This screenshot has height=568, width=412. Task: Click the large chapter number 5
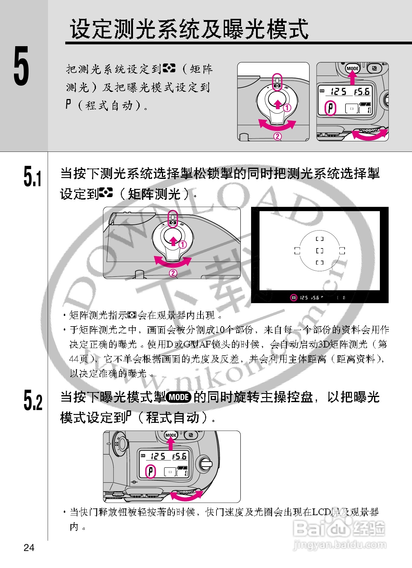coord(21,66)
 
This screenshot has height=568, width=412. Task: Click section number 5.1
coord(32,176)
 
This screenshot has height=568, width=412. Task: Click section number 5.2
coord(33,400)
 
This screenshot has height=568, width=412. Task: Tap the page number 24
coord(29,547)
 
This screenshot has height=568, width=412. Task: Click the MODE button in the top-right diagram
coord(352,69)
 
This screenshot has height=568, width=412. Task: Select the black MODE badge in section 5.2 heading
coord(179,397)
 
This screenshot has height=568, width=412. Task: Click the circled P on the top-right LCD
coord(330,108)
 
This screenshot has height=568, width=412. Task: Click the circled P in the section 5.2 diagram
coord(151,472)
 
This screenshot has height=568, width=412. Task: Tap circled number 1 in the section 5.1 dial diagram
coord(182,245)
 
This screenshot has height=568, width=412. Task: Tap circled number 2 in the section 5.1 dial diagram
coord(173,273)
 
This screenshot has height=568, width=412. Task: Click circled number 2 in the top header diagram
coord(278,136)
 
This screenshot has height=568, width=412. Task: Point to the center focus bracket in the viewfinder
coord(319,251)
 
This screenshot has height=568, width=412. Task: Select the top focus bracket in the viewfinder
coord(319,239)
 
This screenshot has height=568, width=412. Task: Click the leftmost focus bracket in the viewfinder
coord(297,251)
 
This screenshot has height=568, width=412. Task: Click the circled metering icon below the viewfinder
coord(293,298)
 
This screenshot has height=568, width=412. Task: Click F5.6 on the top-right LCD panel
coord(362,91)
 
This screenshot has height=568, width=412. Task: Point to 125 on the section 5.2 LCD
coord(158,456)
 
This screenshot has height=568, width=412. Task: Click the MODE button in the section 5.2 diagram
coord(171,435)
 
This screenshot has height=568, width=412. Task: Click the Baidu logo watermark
coord(339,529)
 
